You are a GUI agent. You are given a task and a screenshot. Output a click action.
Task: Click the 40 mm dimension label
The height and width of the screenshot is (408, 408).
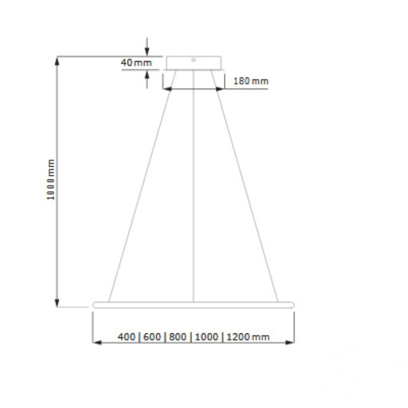(x=136, y=63)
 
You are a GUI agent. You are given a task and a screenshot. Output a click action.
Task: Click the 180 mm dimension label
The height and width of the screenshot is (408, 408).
(x=251, y=81)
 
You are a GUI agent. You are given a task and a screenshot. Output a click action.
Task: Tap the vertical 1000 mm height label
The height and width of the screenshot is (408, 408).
(x=51, y=180)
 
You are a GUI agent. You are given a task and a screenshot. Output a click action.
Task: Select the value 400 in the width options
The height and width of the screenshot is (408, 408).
(x=126, y=337)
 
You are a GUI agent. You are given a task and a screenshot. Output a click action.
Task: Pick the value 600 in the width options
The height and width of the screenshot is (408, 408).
(x=152, y=337)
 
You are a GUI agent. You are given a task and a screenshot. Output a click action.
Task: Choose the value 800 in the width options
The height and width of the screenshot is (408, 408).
(x=178, y=337)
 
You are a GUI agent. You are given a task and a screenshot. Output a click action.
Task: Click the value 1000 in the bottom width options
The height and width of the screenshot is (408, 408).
(x=206, y=337)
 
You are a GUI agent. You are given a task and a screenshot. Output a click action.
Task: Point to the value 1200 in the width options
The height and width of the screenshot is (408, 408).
(x=238, y=337)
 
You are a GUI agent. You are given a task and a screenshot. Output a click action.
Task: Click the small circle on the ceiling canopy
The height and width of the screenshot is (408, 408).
(x=194, y=60)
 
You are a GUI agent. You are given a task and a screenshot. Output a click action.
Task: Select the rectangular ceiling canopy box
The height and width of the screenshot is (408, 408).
(x=194, y=63)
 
